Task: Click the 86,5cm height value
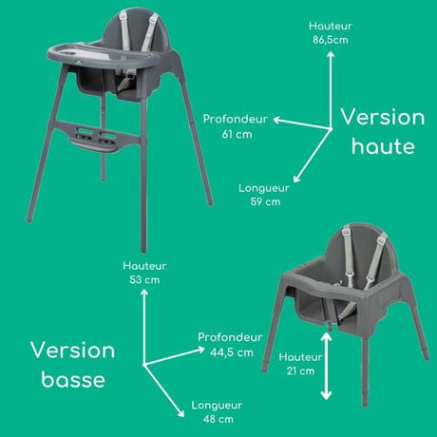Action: [331, 40]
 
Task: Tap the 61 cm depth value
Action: [237, 134]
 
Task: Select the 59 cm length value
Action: [265, 201]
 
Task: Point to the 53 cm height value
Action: [144, 280]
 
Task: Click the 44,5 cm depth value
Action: [232, 352]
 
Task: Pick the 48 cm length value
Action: [218, 419]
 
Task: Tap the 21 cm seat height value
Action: [300, 370]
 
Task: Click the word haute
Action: [383, 146]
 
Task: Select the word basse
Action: [73, 379]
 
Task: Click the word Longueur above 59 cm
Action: [264, 188]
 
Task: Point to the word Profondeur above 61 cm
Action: [236, 119]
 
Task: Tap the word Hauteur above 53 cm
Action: [144, 266]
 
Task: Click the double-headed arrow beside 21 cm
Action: [326, 366]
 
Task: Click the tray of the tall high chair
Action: [102, 56]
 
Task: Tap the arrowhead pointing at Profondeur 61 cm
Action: [277, 120]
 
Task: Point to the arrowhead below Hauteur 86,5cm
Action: [331, 55]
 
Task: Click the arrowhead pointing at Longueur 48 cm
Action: [180, 413]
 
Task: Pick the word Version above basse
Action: [73, 351]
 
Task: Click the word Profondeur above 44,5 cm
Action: [230, 337]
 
